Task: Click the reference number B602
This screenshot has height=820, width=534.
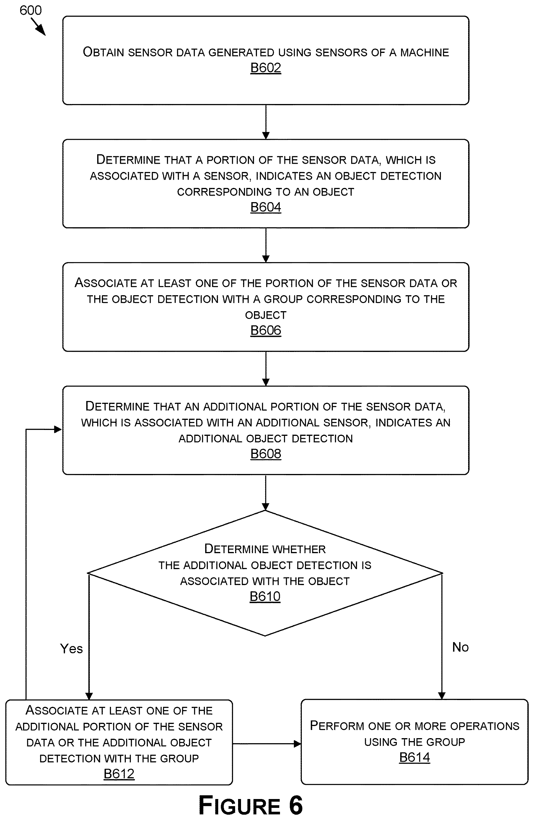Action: click(266, 68)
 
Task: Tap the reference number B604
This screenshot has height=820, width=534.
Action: click(266, 207)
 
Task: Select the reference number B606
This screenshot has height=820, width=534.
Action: click(266, 330)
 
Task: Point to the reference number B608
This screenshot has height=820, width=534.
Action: click(266, 454)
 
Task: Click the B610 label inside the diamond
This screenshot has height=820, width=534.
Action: click(265, 596)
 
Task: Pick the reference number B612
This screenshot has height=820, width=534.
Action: click(119, 774)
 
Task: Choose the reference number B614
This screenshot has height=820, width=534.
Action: click(415, 757)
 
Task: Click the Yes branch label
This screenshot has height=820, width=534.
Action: click(71, 649)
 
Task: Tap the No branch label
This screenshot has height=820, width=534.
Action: click(460, 647)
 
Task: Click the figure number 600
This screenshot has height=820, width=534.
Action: click(31, 10)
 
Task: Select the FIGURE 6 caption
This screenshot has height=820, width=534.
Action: click(251, 805)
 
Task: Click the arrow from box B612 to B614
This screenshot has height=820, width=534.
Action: click(267, 744)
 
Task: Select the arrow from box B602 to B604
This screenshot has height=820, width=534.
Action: click(266, 122)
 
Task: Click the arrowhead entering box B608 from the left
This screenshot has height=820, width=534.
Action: click(58, 429)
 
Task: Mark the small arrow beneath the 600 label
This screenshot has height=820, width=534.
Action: click(38, 27)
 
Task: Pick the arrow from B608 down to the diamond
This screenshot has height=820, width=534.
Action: click(266, 492)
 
